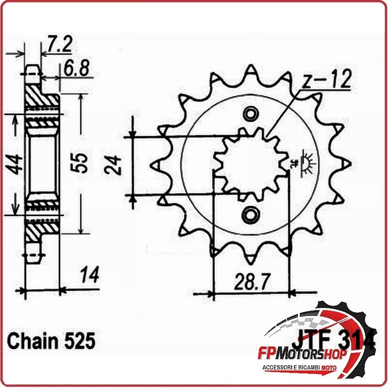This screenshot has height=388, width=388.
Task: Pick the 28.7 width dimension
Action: (x=250, y=280)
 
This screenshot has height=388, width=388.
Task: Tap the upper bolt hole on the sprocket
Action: (x=250, y=113)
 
